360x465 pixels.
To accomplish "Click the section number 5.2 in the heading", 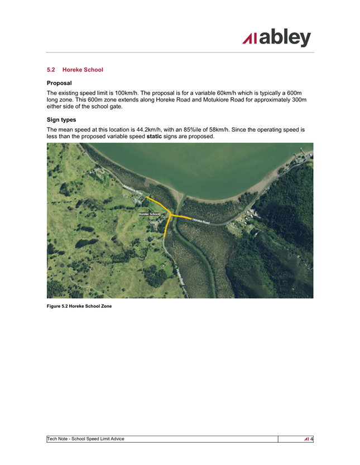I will tap(51, 70).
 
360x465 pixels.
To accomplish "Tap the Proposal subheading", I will tap(60, 83).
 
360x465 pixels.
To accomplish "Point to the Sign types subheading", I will tap(61, 119).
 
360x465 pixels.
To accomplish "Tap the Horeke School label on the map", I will tap(149, 214).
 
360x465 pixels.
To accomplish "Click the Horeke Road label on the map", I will tap(201, 221).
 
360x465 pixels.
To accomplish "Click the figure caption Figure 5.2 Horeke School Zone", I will tap(79, 305).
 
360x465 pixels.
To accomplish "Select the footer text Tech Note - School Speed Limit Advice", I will tap(87, 439).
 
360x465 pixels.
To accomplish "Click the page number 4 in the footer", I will tap(311, 439).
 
